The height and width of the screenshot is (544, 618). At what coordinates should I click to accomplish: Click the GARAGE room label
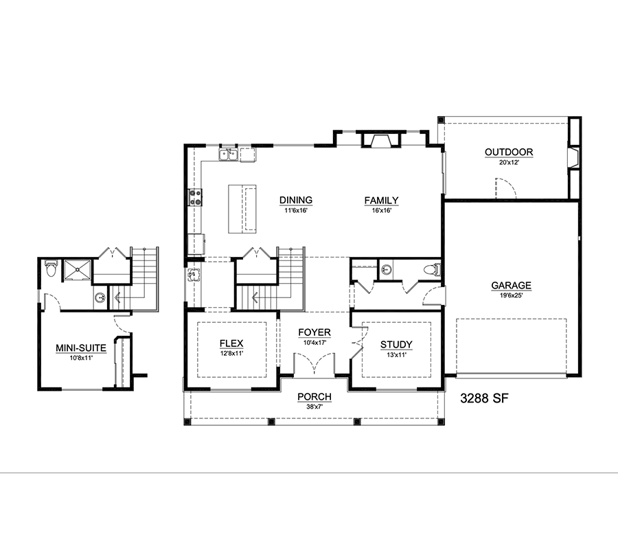511,286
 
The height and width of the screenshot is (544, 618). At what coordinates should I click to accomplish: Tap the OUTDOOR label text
509,152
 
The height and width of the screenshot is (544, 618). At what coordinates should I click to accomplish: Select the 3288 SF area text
484,398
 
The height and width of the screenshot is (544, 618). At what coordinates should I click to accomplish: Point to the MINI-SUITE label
81,348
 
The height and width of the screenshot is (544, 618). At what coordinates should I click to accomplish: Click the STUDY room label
396,345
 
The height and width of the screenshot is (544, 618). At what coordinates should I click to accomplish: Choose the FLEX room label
231,343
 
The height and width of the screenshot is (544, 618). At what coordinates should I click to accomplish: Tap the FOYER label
314,332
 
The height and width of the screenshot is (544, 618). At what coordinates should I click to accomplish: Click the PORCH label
314,397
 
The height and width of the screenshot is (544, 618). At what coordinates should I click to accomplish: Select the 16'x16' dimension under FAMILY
382,210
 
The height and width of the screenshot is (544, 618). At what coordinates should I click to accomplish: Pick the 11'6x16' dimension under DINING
295,210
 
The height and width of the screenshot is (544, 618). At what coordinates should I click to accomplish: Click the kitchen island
242,209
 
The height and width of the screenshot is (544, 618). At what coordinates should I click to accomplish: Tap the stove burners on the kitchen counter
195,198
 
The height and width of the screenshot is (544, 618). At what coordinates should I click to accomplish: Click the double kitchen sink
228,155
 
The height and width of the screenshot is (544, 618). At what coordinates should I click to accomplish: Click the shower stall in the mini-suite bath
77,271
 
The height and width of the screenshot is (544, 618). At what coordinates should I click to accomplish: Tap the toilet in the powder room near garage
432,270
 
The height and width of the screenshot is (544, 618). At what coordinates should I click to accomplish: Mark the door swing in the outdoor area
505,188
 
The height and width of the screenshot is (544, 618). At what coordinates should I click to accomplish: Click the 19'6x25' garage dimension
511,295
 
